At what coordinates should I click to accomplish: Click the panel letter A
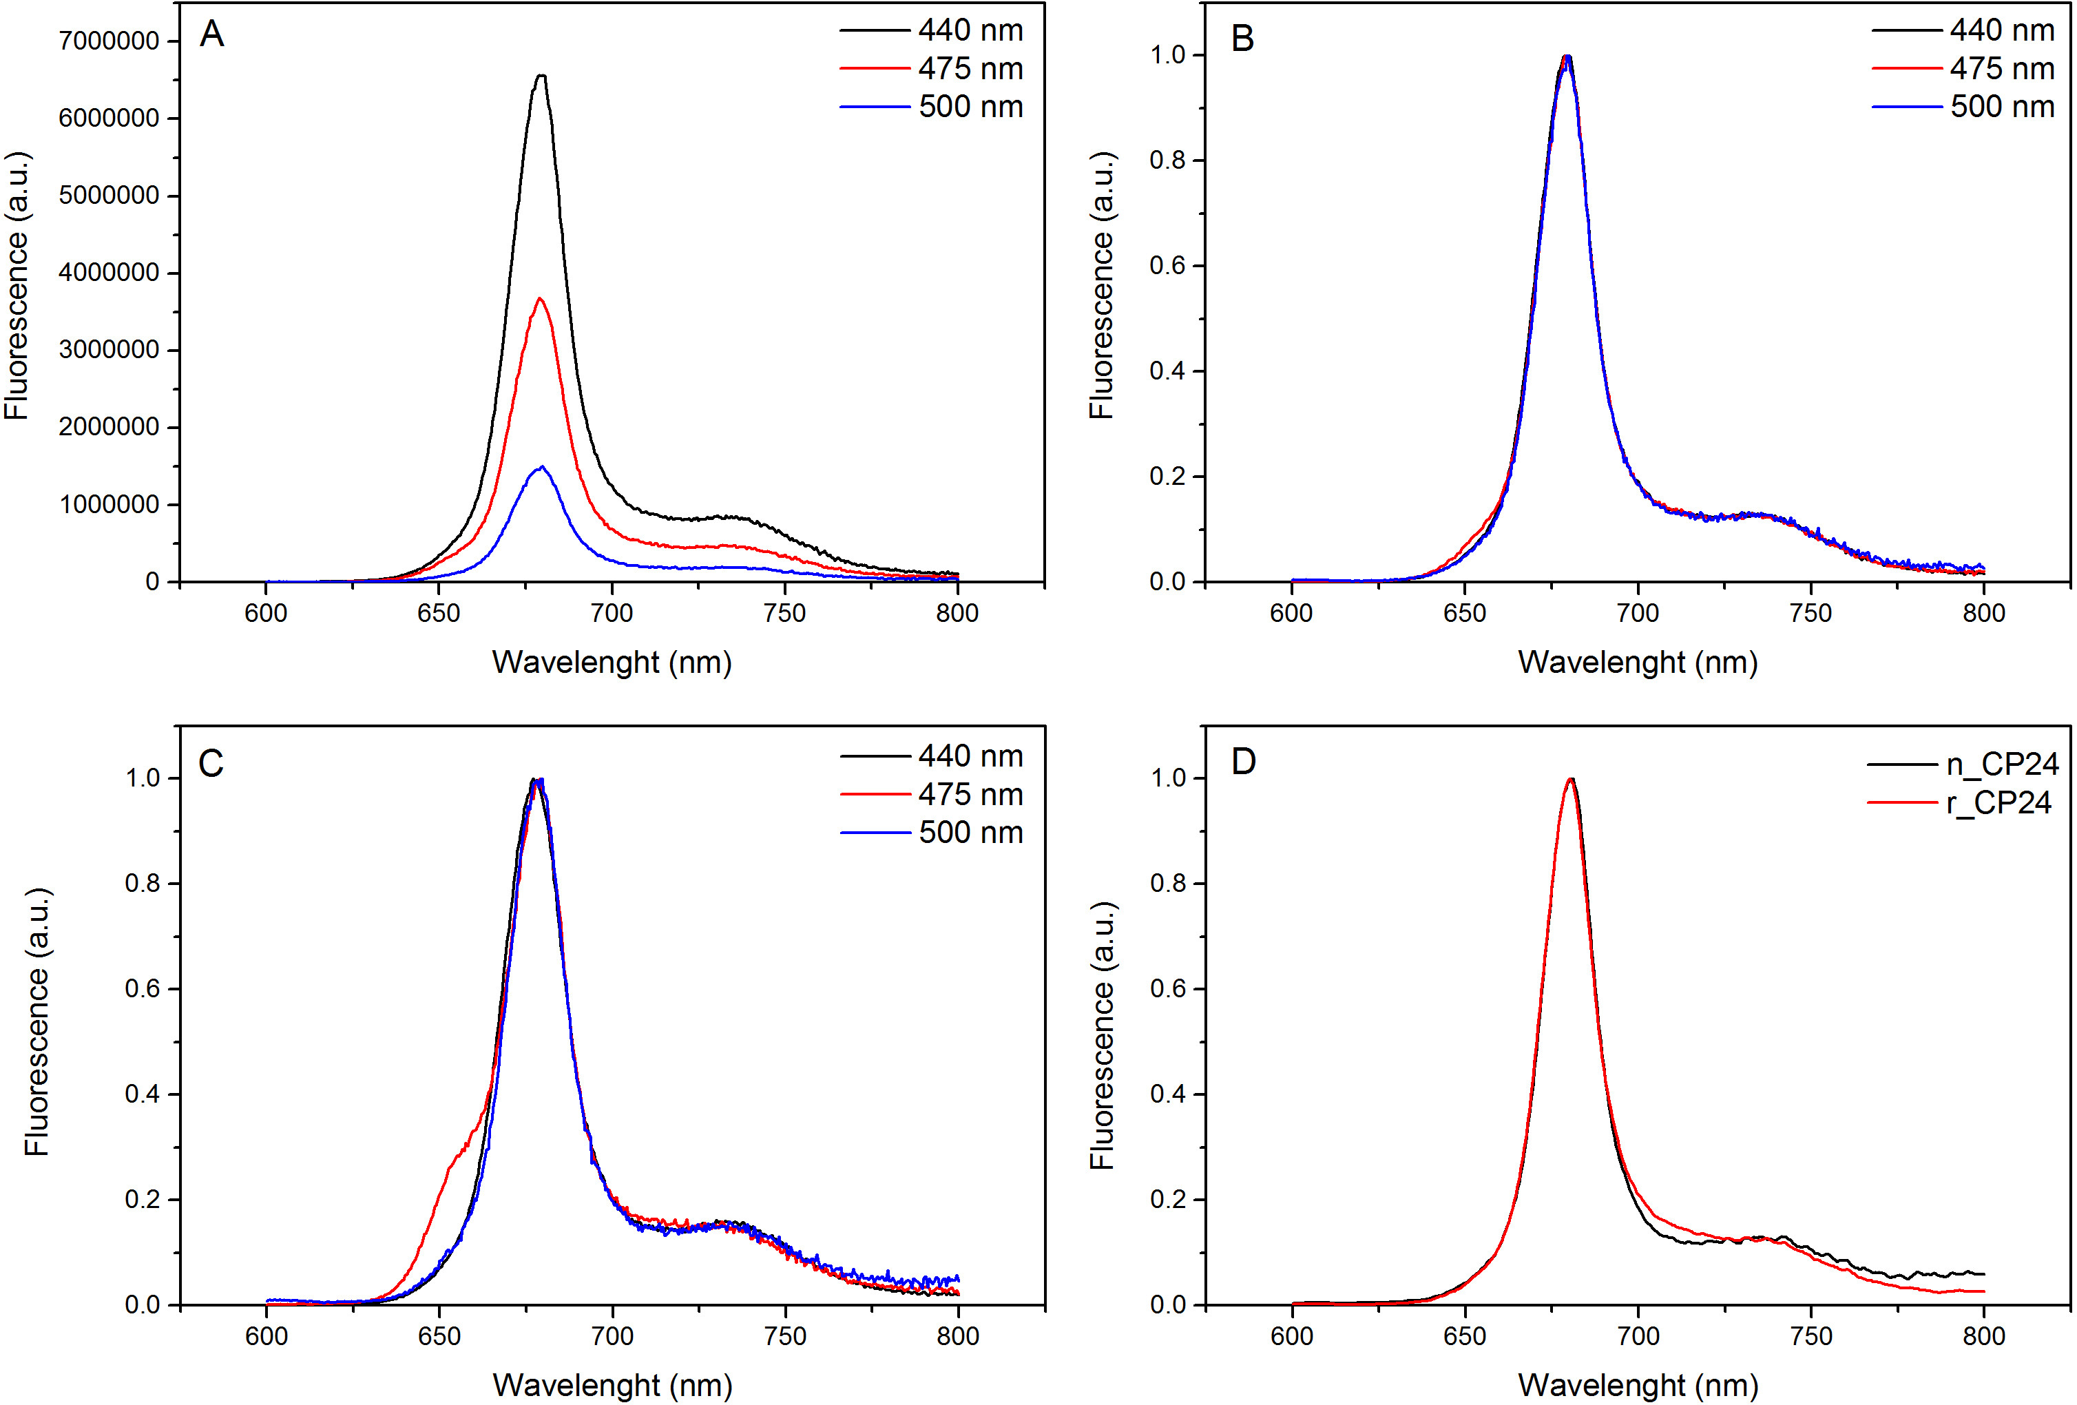click(212, 35)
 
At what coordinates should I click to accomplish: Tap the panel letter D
click(1243, 762)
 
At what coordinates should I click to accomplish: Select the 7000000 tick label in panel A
click(109, 41)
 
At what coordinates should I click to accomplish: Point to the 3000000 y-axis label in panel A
click(109, 349)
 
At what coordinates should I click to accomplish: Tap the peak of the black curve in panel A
click(541, 76)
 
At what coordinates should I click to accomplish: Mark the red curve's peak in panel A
click(540, 298)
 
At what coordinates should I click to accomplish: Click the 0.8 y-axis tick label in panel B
click(1167, 161)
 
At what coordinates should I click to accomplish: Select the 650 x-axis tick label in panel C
click(439, 1336)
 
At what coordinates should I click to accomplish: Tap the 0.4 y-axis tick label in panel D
click(1167, 1094)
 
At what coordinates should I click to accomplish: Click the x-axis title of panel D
click(1638, 1385)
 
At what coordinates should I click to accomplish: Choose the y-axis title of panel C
click(36, 1021)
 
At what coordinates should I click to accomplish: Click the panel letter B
click(1242, 39)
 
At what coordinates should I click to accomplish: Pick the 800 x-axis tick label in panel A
click(957, 613)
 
